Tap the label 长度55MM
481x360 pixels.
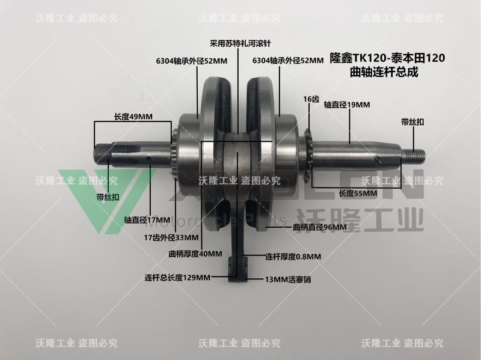[358, 194]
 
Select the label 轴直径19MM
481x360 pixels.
[347, 105]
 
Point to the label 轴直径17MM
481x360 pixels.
[144, 220]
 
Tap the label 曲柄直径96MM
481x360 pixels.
[320, 227]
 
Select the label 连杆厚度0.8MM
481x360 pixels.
[293, 257]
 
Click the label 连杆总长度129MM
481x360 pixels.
[177, 278]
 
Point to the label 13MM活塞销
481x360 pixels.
[288, 279]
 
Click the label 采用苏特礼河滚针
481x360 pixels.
[237, 43]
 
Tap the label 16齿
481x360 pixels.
[310, 99]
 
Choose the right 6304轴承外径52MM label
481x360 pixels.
[288, 61]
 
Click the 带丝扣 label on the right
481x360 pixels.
[412, 122]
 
